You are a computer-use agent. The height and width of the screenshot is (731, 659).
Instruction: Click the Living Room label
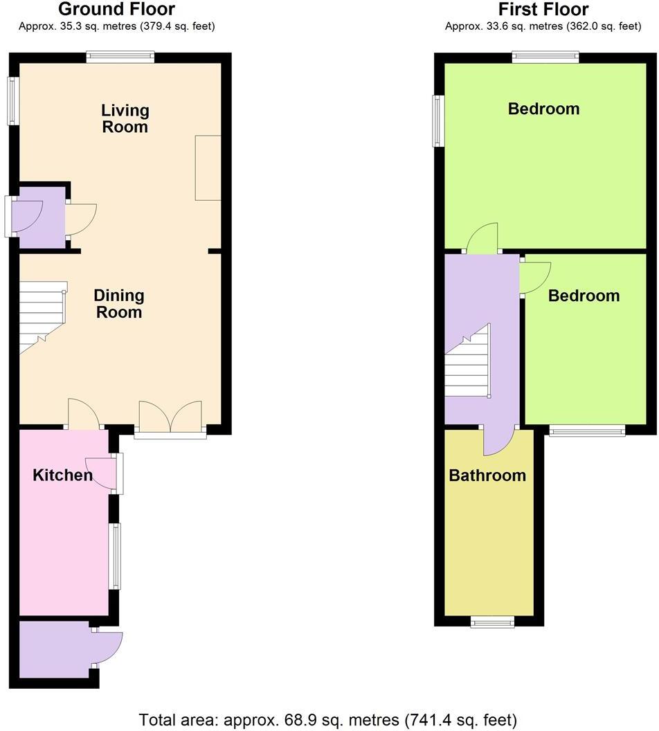point(125,118)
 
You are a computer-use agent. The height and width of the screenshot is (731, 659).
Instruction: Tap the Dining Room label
point(119,304)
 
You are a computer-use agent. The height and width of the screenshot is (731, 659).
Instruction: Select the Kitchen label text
point(62,475)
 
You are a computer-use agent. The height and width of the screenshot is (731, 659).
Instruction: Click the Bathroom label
point(487,476)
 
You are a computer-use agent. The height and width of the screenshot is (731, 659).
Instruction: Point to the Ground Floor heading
point(116,9)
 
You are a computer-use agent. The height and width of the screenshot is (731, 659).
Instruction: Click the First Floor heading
point(543,9)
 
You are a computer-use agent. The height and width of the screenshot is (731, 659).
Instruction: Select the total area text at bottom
point(328,719)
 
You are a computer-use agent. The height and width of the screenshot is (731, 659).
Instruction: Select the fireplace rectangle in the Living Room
point(208,168)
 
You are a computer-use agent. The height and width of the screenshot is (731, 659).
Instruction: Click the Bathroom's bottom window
point(493,622)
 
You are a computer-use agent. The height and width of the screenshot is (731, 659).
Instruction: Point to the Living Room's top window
point(120,58)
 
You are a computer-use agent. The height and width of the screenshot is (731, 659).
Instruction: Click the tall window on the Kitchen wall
point(116,557)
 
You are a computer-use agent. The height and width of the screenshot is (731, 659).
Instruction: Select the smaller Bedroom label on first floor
point(584,296)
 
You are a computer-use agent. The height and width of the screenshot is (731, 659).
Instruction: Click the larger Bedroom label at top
point(543,109)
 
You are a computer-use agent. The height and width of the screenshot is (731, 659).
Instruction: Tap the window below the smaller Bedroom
point(587,431)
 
